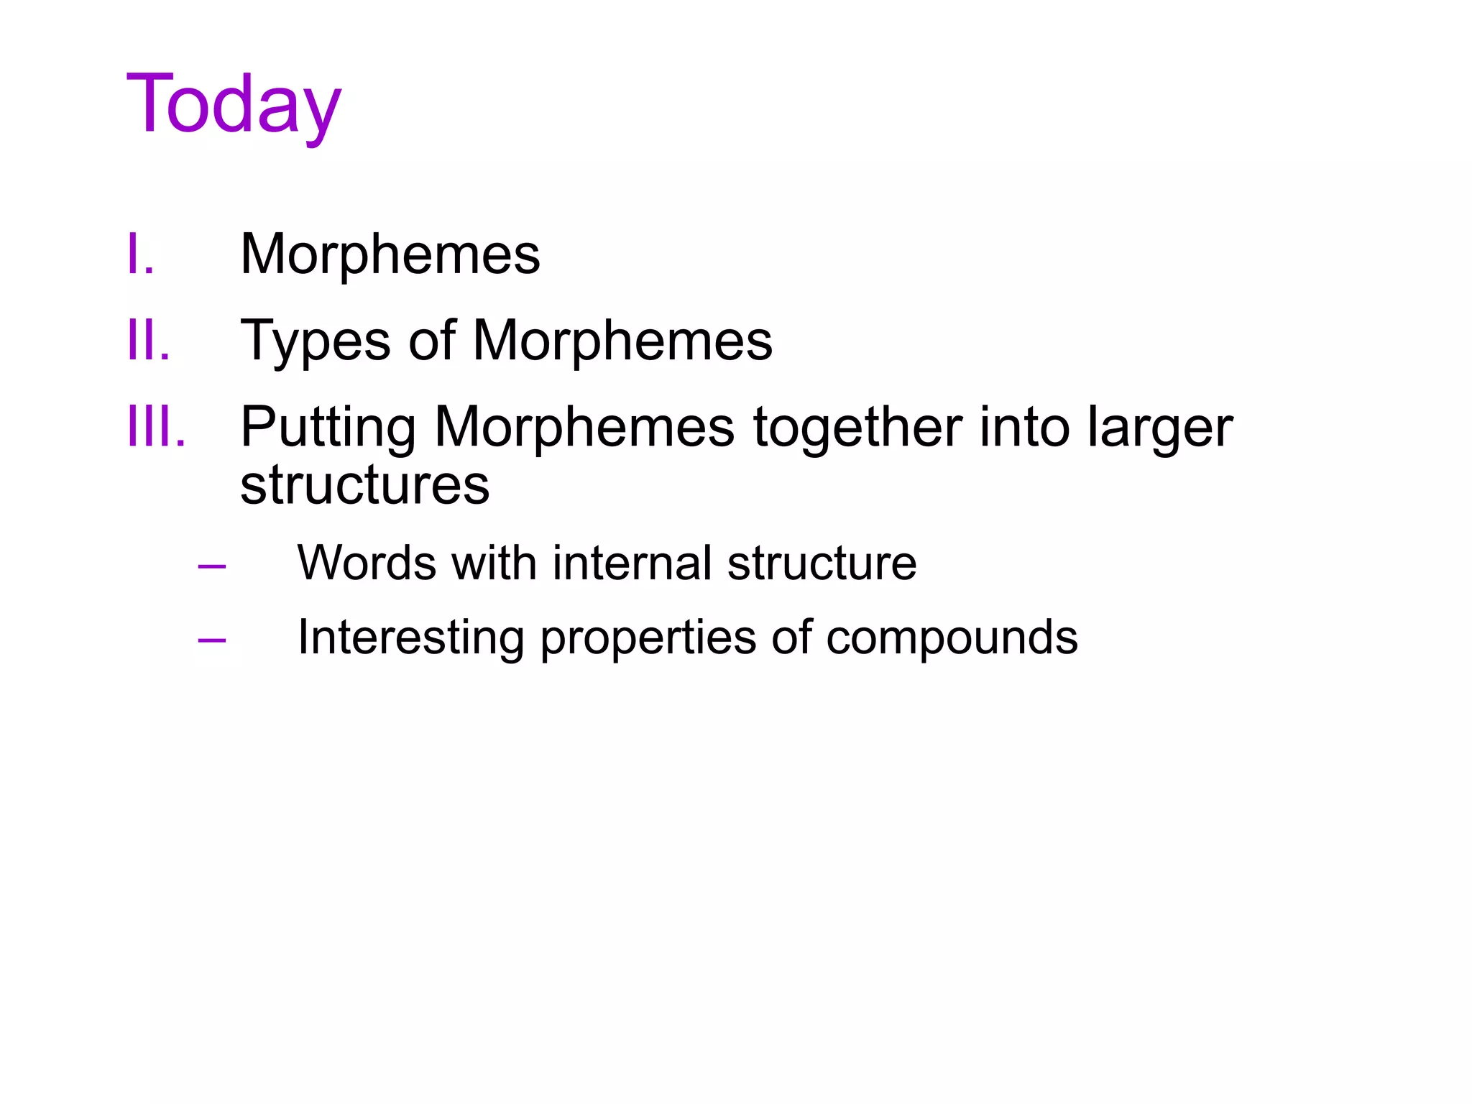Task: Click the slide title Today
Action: [x=234, y=106]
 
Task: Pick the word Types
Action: [x=316, y=341]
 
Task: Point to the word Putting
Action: [x=328, y=428]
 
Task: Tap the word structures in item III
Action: [x=364, y=485]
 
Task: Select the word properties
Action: [x=648, y=639]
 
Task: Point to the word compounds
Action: [x=952, y=638]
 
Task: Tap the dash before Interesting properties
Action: [x=212, y=639]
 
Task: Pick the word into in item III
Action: [x=1025, y=428]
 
